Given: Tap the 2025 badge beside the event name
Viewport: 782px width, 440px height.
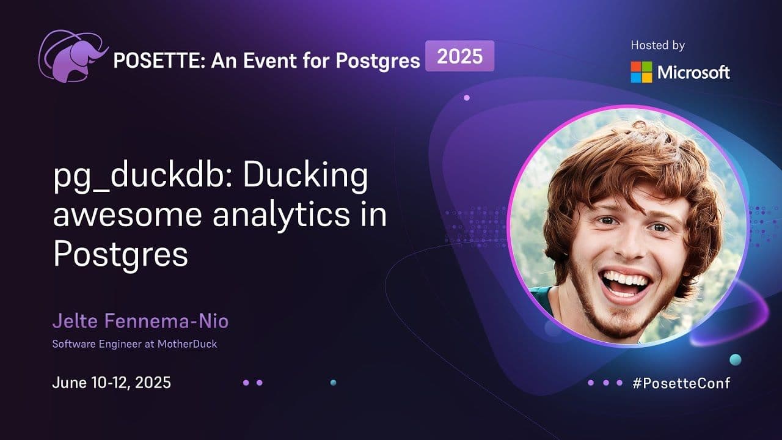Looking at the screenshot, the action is [460, 56].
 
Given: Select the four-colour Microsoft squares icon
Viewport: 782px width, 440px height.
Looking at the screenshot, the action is [641, 72].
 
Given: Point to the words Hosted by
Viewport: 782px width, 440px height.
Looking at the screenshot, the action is [658, 45].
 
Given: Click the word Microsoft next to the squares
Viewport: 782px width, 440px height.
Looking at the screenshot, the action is [693, 72].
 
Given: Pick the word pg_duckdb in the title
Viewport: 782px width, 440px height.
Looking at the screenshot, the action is [143, 177].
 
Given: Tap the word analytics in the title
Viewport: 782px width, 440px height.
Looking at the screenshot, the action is [281, 216].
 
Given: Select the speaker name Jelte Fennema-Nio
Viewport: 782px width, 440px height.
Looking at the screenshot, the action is [141, 321].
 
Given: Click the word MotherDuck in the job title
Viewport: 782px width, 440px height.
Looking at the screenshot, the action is [187, 344].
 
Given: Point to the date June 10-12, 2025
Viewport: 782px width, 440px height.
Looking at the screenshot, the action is [112, 383].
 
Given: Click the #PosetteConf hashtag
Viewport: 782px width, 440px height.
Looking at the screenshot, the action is [681, 383].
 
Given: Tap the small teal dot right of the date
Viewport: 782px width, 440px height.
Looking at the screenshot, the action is [334, 383].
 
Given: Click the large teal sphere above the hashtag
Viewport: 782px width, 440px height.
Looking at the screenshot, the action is [735, 360].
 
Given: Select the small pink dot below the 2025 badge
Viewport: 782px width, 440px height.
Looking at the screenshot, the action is [467, 98].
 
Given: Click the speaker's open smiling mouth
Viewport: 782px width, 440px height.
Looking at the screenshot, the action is [625, 283].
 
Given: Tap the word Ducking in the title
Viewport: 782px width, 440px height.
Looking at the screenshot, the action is [305, 177].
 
